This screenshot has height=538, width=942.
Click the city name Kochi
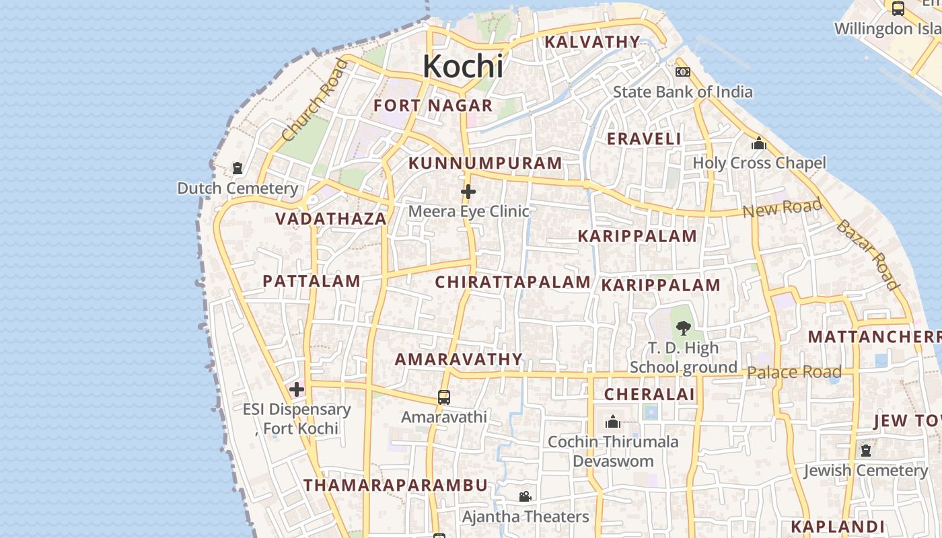pos(463,66)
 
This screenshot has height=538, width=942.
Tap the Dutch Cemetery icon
pos(237,167)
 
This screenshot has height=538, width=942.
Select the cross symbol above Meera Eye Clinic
pos(468,192)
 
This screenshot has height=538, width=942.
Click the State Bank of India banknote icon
pos(683,72)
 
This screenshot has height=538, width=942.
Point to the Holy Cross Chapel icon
pos(759,143)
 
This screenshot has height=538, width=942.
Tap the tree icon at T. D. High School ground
pos(683,328)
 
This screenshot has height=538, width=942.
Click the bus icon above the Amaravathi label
pos(443,397)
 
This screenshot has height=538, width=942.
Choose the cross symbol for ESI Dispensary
pos(296,389)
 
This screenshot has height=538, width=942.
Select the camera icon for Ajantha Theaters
pos(525,496)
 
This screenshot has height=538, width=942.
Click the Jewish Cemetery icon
pos(865,450)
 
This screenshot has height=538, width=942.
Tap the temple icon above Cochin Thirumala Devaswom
pos(612,422)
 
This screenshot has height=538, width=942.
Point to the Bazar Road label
pos(867,254)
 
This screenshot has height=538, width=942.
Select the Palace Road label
pos(794,372)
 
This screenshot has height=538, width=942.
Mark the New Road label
pos(782,208)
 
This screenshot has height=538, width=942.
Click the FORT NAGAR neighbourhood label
pos(433,106)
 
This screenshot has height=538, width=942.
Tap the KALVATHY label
pos(592,42)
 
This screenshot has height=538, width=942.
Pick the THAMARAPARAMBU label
pos(395,485)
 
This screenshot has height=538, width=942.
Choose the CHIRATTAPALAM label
pos(513,282)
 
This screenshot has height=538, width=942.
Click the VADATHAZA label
pos(331,219)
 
